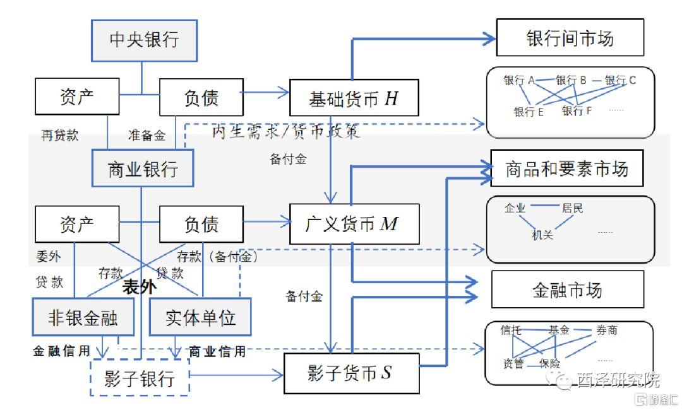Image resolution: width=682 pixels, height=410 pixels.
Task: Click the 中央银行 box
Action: (x=145, y=40)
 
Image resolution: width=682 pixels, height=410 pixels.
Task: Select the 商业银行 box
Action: (x=143, y=168)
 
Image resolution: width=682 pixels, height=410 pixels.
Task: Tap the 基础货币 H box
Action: (x=354, y=98)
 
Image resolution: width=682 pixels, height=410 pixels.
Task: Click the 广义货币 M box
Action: (x=354, y=224)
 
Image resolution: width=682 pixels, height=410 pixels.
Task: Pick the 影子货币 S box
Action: (x=351, y=373)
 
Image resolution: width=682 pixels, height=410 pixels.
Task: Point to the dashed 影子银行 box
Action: (x=140, y=378)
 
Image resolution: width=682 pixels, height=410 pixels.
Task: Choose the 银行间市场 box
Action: (x=570, y=38)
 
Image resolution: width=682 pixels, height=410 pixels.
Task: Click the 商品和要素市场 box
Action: (x=566, y=168)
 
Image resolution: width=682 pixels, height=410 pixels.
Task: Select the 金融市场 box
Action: (x=566, y=290)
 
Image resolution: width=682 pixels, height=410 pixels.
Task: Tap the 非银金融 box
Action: (x=83, y=317)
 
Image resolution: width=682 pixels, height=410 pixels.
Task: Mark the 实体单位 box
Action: (x=200, y=317)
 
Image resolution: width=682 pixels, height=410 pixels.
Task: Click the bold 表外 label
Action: (x=140, y=288)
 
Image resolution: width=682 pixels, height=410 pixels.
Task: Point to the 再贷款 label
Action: (x=60, y=135)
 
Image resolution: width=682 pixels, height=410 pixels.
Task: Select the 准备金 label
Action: (x=147, y=135)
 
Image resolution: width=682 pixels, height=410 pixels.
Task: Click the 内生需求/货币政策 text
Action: (x=285, y=132)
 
